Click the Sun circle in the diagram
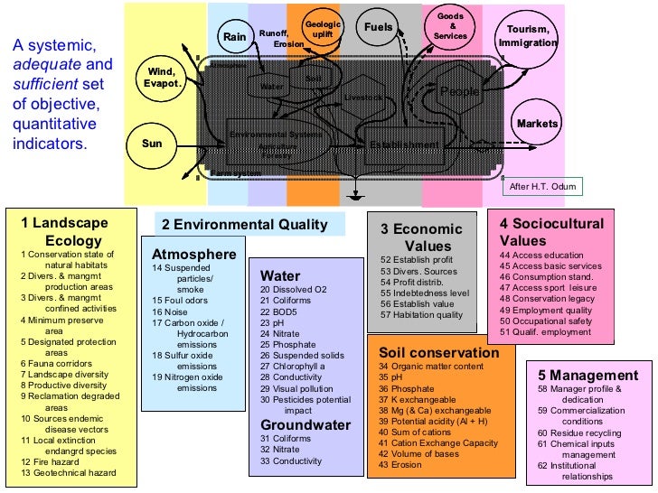[152, 144]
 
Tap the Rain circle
[234, 36]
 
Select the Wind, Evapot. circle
[163, 77]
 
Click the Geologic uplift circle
[323, 29]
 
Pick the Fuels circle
[380, 28]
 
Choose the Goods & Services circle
[450, 26]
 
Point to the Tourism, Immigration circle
[529, 37]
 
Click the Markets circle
[537, 123]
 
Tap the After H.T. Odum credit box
[543, 187]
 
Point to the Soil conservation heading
[438, 353]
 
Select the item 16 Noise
[171, 312]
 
